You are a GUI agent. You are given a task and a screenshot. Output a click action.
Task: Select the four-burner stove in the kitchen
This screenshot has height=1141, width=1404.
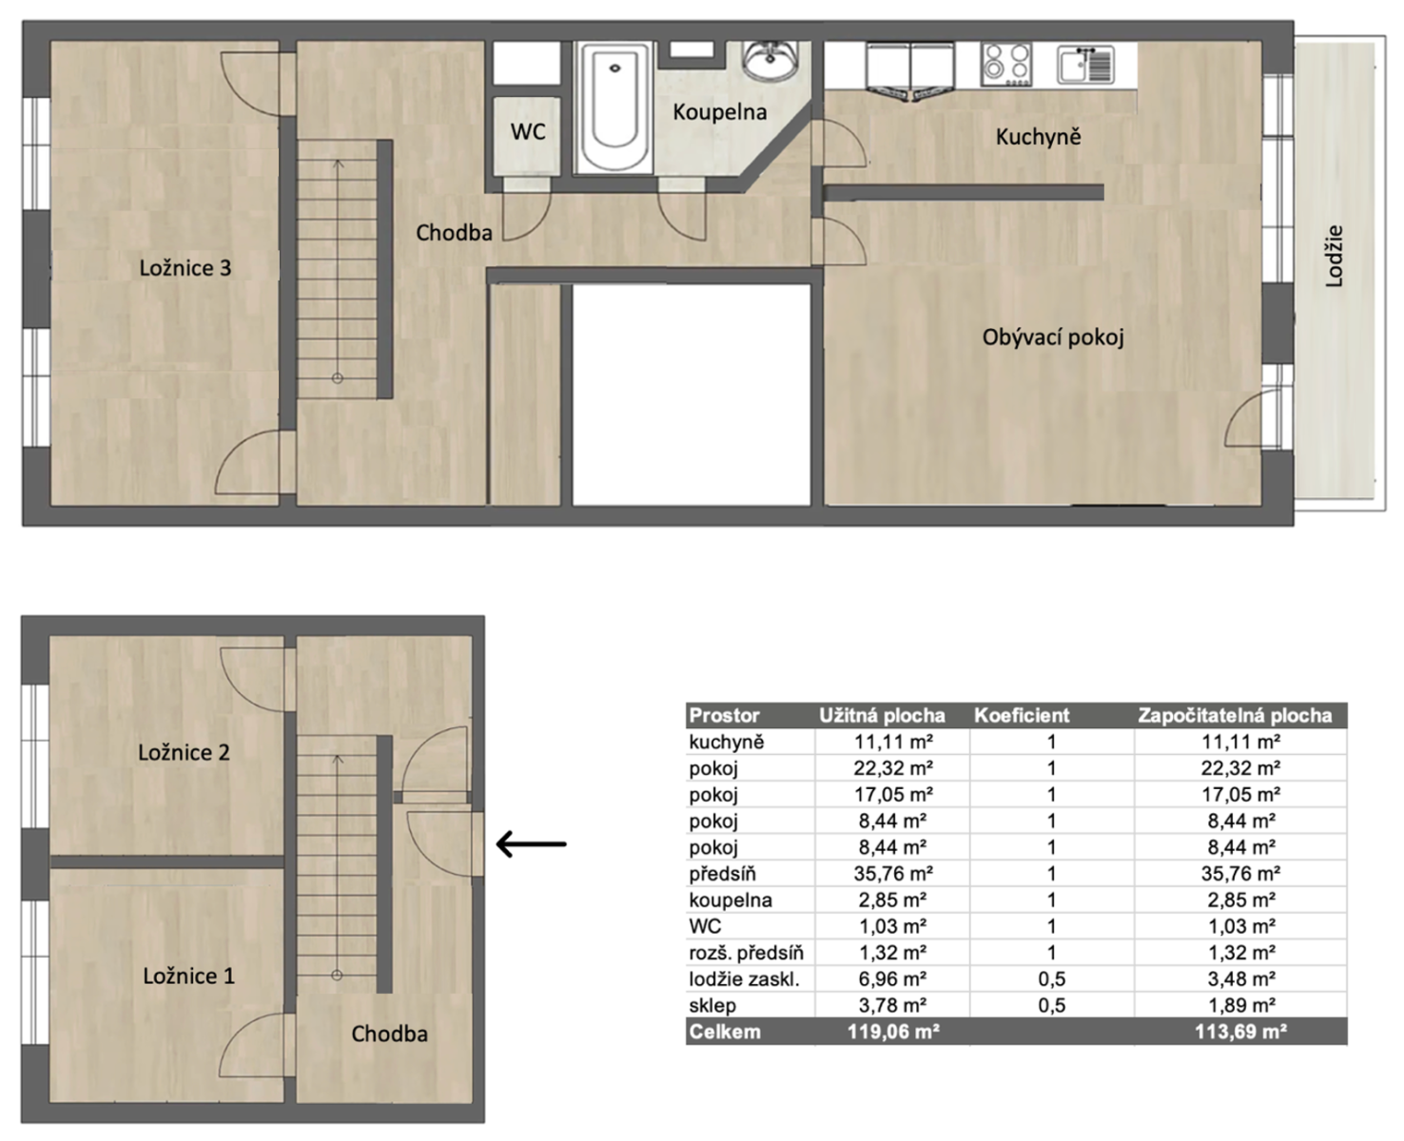click(1006, 65)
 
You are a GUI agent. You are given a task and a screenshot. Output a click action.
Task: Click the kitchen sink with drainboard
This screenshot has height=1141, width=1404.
click(1085, 65)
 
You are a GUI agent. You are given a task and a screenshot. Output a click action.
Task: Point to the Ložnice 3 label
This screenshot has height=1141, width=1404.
click(185, 268)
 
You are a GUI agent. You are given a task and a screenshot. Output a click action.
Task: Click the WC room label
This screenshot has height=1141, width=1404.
click(528, 132)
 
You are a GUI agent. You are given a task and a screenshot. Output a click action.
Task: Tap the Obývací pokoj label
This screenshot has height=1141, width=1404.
click(1053, 338)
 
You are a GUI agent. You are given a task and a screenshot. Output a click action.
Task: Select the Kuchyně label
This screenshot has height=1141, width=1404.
click(1038, 137)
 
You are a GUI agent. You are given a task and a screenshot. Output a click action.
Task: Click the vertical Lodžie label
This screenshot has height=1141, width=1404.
click(1334, 257)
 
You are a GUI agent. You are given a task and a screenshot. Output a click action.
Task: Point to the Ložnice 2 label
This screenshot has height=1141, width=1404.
click(184, 752)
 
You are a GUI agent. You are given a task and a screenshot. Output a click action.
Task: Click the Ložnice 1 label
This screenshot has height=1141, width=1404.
click(188, 976)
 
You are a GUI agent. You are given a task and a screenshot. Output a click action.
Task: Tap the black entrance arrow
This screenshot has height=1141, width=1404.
click(532, 844)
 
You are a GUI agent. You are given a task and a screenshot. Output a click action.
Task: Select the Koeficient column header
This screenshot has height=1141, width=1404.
click(1022, 715)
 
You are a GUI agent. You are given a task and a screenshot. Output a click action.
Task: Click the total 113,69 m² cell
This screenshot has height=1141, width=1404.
click(1240, 1032)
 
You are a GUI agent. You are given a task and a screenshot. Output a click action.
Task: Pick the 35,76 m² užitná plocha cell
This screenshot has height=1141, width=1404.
click(893, 874)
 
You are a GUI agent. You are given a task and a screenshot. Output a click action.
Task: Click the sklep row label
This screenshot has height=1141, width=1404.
click(712, 1006)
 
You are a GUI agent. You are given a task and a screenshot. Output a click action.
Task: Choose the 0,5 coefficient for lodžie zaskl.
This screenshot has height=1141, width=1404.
click(1051, 979)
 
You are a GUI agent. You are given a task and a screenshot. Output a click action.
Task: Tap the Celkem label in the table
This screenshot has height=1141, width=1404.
click(725, 1032)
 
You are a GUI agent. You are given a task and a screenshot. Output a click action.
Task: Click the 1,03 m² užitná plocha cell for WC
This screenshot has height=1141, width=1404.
click(893, 926)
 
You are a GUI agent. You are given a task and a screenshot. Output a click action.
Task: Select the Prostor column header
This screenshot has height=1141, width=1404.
click(724, 715)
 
